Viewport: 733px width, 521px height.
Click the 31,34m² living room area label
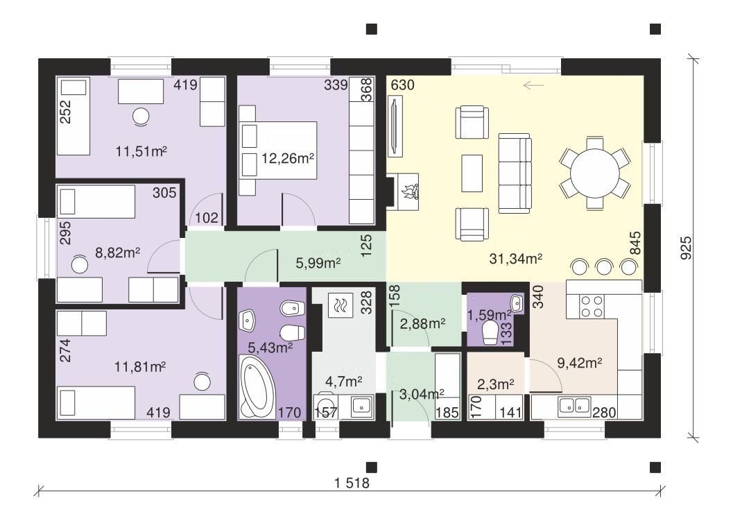pyautogui.click(x=516, y=259)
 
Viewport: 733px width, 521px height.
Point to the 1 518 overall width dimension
pyautogui.click(x=352, y=483)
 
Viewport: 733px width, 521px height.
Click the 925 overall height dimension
pyautogui.click(x=685, y=248)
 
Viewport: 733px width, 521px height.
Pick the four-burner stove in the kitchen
pyautogui.click(x=592, y=307)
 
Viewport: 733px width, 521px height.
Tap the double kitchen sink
pyautogui.click(x=574, y=407)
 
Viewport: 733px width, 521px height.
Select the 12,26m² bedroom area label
pyautogui.click(x=287, y=159)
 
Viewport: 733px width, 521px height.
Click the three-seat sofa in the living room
pyautogui.click(x=515, y=173)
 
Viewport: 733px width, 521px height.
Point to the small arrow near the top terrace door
pyautogui.click(x=533, y=85)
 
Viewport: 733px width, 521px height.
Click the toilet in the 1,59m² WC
pyautogui.click(x=490, y=332)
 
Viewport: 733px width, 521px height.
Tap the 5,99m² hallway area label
pyautogui.click(x=318, y=264)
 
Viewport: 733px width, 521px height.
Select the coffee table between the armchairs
pyautogui.click(x=472, y=173)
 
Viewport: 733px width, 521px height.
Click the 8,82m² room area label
pyautogui.click(x=118, y=253)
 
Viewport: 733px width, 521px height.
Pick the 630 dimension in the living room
pyautogui.click(x=402, y=85)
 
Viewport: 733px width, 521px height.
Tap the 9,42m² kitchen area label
pyautogui.click(x=579, y=362)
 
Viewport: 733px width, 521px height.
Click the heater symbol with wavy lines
pyautogui.click(x=339, y=305)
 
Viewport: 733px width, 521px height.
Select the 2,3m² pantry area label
pyautogui.click(x=496, y=384)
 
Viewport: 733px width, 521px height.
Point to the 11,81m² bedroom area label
pyautogui.click(x=140, y=367)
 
